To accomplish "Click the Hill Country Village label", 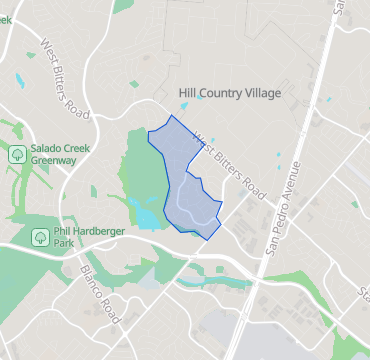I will click(229, 93).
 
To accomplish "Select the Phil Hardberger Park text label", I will click(77, 236).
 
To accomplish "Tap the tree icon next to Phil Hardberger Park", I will click(39, 237).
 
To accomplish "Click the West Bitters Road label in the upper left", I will click(66, 75).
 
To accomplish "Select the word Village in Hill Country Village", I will click(262, 93).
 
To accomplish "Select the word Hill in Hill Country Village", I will click(187, 93).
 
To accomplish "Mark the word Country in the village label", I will click(219, 93).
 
